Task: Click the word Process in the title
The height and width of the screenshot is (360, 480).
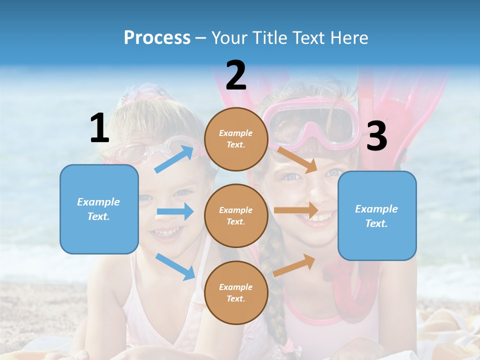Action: point(157,37)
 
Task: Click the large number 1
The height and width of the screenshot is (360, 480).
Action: point(99,128)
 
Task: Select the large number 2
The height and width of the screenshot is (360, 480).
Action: point(236,75)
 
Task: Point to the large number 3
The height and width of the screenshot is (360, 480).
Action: point(376,136)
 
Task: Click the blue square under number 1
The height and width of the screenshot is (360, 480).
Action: point(99,209)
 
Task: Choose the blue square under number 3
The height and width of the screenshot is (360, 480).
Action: point(377,215)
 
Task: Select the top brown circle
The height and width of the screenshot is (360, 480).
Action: point(236,139)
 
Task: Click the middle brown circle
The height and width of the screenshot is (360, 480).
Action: point(236,215)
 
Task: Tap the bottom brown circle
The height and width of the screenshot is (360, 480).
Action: point(236,292)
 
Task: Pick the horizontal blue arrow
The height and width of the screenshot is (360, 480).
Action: point(175,211)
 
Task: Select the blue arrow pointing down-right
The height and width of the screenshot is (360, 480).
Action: point(175,266)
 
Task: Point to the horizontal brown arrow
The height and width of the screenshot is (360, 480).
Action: point(296,210)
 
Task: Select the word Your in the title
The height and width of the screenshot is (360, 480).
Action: point(229,37)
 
